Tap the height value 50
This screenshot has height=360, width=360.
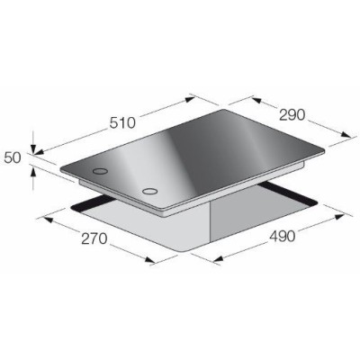(x=13, y=158)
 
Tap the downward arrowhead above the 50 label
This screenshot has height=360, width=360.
(x=33, y=151)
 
